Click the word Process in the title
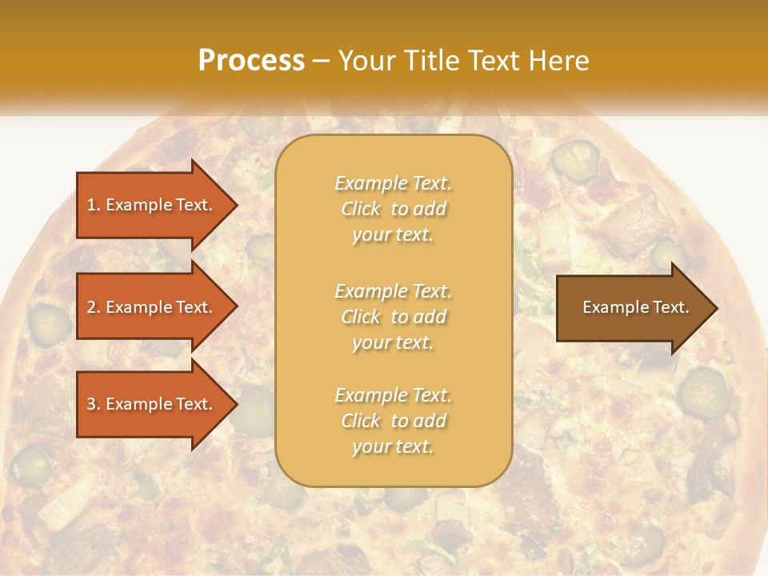(x=251, y=61)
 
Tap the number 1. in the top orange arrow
(x=94, y=205)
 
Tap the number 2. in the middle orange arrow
(x=94, y=307)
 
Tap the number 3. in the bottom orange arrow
(x=94, y=404)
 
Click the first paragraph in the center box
(x=393, y=209)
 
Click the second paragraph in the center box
(x=393, y=317)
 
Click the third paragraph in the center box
(x=393, y=421)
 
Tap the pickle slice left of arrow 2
(x=50, y=322)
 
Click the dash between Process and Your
(x=322, y=61)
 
